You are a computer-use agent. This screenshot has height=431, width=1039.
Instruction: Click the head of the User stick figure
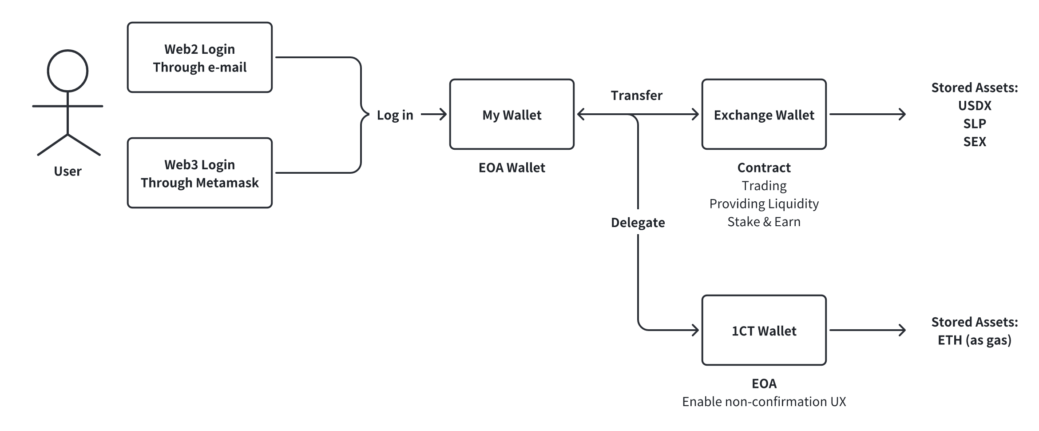pos(67,71)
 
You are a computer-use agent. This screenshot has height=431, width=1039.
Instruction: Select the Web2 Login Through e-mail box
pos(199,58)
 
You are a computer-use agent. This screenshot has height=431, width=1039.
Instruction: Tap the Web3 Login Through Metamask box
pos(199,173)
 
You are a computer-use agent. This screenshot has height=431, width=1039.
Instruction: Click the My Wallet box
pos(512,115)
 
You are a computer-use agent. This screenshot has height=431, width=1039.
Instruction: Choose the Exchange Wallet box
pos(764,115)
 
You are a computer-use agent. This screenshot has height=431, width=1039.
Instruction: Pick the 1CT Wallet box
pos(764,331)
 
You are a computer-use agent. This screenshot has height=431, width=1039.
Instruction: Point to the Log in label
pos(395,115)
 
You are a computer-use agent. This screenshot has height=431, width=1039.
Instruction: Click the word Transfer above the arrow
pos(636,95)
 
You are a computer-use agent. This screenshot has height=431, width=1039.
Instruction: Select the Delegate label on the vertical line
pos(638,222)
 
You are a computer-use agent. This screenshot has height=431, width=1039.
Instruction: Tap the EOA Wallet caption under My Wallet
pos(512,168)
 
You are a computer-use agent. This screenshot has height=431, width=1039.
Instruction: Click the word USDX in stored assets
pos(975,106)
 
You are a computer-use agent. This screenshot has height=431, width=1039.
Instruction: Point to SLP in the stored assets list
pos(975,124)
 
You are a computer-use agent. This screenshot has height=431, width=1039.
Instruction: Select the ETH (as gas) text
pos(975,340)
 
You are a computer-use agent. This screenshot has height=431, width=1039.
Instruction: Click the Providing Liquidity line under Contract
pos(764,204)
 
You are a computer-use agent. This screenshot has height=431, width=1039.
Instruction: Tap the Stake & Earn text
pos(764,222)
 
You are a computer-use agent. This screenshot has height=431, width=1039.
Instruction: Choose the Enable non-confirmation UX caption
pos(764,402)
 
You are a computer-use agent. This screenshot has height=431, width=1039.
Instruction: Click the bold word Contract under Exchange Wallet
pos(764,168)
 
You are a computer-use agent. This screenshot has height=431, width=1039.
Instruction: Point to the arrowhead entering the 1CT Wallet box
pos(696,330)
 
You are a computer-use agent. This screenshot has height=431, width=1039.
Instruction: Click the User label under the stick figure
pos(67,171)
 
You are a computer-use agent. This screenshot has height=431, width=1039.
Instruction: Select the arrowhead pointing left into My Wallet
pos(580,115)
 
